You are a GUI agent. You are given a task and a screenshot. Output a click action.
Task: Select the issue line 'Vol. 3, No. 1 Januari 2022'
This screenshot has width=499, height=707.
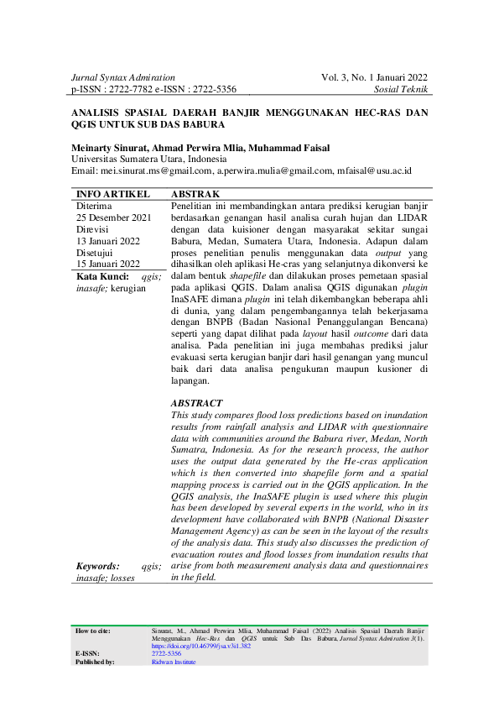[374, 77]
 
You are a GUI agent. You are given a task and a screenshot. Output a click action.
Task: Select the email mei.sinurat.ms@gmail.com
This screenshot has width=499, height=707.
[157, 170]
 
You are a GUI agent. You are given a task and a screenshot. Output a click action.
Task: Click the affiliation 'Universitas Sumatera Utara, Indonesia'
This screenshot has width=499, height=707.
[147, 158]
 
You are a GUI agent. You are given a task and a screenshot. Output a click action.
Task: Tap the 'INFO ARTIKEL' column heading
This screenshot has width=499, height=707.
[107, 193]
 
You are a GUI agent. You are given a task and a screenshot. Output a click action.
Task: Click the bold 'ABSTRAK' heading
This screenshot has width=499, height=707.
[195, 193]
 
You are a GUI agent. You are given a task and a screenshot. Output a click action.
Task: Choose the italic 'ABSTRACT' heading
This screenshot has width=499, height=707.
[196, 403]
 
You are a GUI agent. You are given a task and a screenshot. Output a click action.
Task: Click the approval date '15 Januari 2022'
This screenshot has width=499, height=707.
[107, 264]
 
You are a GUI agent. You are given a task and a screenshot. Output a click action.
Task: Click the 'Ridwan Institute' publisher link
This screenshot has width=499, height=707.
[174, 662]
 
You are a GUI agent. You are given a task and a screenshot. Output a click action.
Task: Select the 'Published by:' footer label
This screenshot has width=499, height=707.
[95, 662]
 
